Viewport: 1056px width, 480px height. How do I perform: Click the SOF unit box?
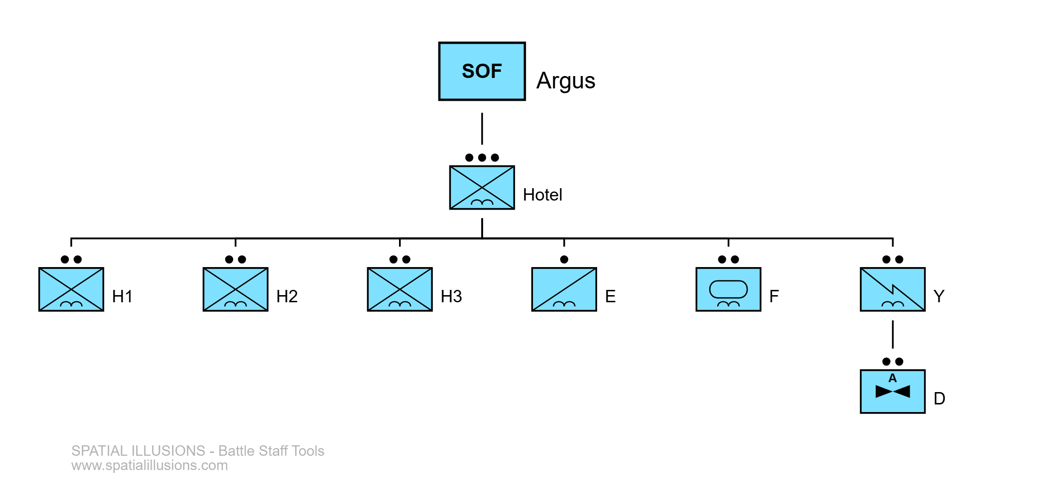pyautogui.click(x=482, y=71)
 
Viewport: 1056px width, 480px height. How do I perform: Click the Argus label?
pyautogui.click(x=566, y=81)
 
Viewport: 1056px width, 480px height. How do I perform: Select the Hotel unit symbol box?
pyautogui.click(x=482, y=187)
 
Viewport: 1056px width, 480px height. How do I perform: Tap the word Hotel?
pyautogui.click(x=542, y=195)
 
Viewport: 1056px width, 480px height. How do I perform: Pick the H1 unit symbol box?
pyautogui.click(x=71, y=289)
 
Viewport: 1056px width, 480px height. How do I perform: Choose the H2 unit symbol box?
pyautogui.click(x=236, y=289)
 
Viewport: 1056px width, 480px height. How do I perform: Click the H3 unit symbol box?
pyautogui.click(x=400, y=289)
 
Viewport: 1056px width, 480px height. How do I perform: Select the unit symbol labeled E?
pyautogui.click(x=564, y=289)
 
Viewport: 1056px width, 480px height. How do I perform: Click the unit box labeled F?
pyautogui.click(x=728, y=289)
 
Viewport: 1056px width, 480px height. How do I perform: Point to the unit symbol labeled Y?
pyautogui.click(x=893, y=289)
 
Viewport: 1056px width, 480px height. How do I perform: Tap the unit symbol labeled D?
pyautogui.click(x=893, y=392)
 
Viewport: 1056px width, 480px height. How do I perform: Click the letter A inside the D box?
pyautogui.click(x=893, y=378)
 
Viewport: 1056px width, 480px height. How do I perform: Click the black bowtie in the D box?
pyautogui.click(x=893, y=392)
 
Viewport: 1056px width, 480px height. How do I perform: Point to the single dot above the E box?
pyautogui.click(x=564, y=259)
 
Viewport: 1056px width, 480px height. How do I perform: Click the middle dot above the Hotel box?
pyautogui.click(x=482, y=157)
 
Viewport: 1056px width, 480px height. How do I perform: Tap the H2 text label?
pyautogui.click(x=287, y=297)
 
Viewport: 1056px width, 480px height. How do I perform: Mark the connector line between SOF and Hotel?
pyautogui.click(x=482, y=129)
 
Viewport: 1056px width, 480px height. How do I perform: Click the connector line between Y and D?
pyautogui.click(x=893, y=335)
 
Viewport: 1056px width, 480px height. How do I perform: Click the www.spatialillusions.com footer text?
pyautogui.click(x=150, y=465)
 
